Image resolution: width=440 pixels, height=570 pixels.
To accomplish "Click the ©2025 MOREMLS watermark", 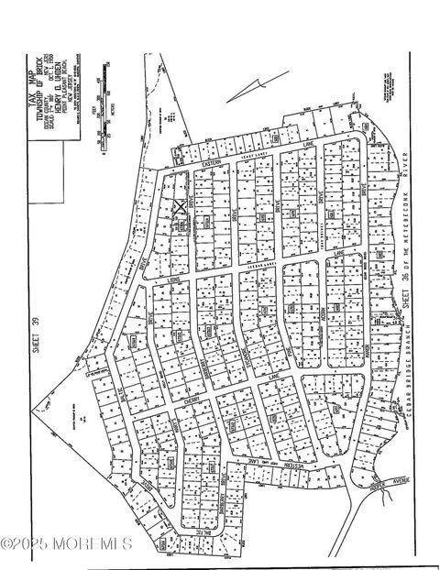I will click(x=66, y=544).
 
